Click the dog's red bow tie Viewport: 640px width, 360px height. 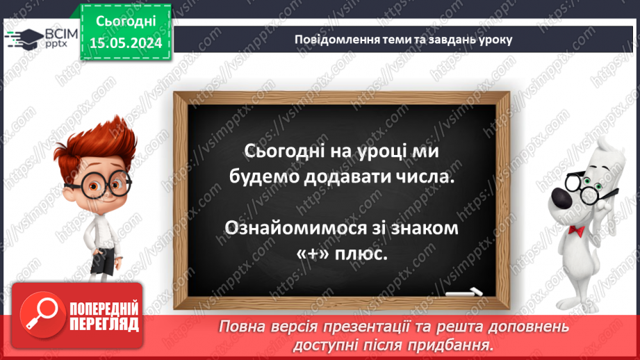click(x=575, y=229)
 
